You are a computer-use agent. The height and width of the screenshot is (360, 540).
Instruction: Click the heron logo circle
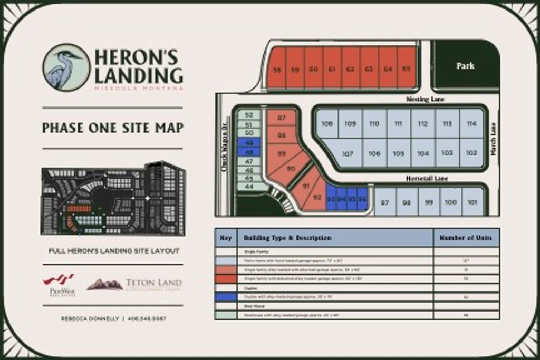click(66, 67)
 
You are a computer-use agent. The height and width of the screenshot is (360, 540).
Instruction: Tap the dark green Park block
click(466, 65)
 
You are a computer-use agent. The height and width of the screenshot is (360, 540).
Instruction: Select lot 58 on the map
click(276, 69)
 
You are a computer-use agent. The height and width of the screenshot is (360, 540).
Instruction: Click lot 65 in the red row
click(406, 69)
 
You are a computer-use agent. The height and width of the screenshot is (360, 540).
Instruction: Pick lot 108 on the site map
click(327, 124)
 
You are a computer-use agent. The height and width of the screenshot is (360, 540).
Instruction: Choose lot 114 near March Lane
click(471, 124)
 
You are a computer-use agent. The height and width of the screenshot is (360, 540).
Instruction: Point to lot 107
click(348, 154)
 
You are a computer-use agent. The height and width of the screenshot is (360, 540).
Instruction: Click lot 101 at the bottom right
click(472, 202)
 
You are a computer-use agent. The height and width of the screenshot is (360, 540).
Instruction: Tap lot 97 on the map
click(385, 202)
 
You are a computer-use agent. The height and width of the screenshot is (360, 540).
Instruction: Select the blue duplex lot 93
click(331, 199)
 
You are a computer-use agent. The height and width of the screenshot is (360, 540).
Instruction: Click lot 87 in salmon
click(281, 118)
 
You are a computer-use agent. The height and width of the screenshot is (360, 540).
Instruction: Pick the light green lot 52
click(249, 115)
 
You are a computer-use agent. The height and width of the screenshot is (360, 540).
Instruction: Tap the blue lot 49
click(249, 142)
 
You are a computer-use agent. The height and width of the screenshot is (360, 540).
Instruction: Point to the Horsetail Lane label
click(427, 179)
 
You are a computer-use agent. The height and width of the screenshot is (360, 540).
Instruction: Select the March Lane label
click(494, 139)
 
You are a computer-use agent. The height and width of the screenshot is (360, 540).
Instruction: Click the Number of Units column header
click(466, 238)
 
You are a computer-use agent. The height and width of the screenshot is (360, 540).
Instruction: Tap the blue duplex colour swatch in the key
click(226, 297)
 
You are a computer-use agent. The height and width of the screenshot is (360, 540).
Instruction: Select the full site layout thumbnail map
click(113, 199)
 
